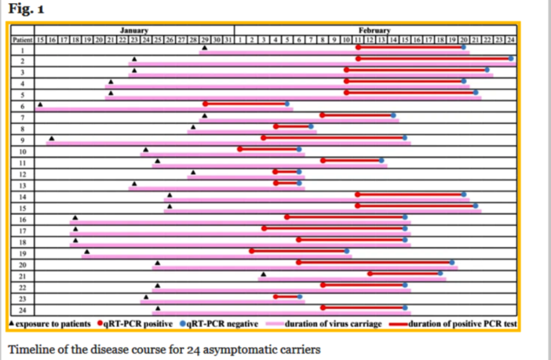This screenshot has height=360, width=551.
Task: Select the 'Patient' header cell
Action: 22,38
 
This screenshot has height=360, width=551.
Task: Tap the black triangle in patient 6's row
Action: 40,104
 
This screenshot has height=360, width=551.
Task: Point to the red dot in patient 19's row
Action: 251,251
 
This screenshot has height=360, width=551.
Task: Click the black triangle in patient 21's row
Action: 264,274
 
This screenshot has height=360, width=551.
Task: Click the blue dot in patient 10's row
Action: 299,149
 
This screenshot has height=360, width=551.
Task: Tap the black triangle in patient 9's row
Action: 52,138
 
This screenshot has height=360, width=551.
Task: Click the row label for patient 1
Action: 22,49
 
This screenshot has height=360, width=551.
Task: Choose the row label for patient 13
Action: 22,184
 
